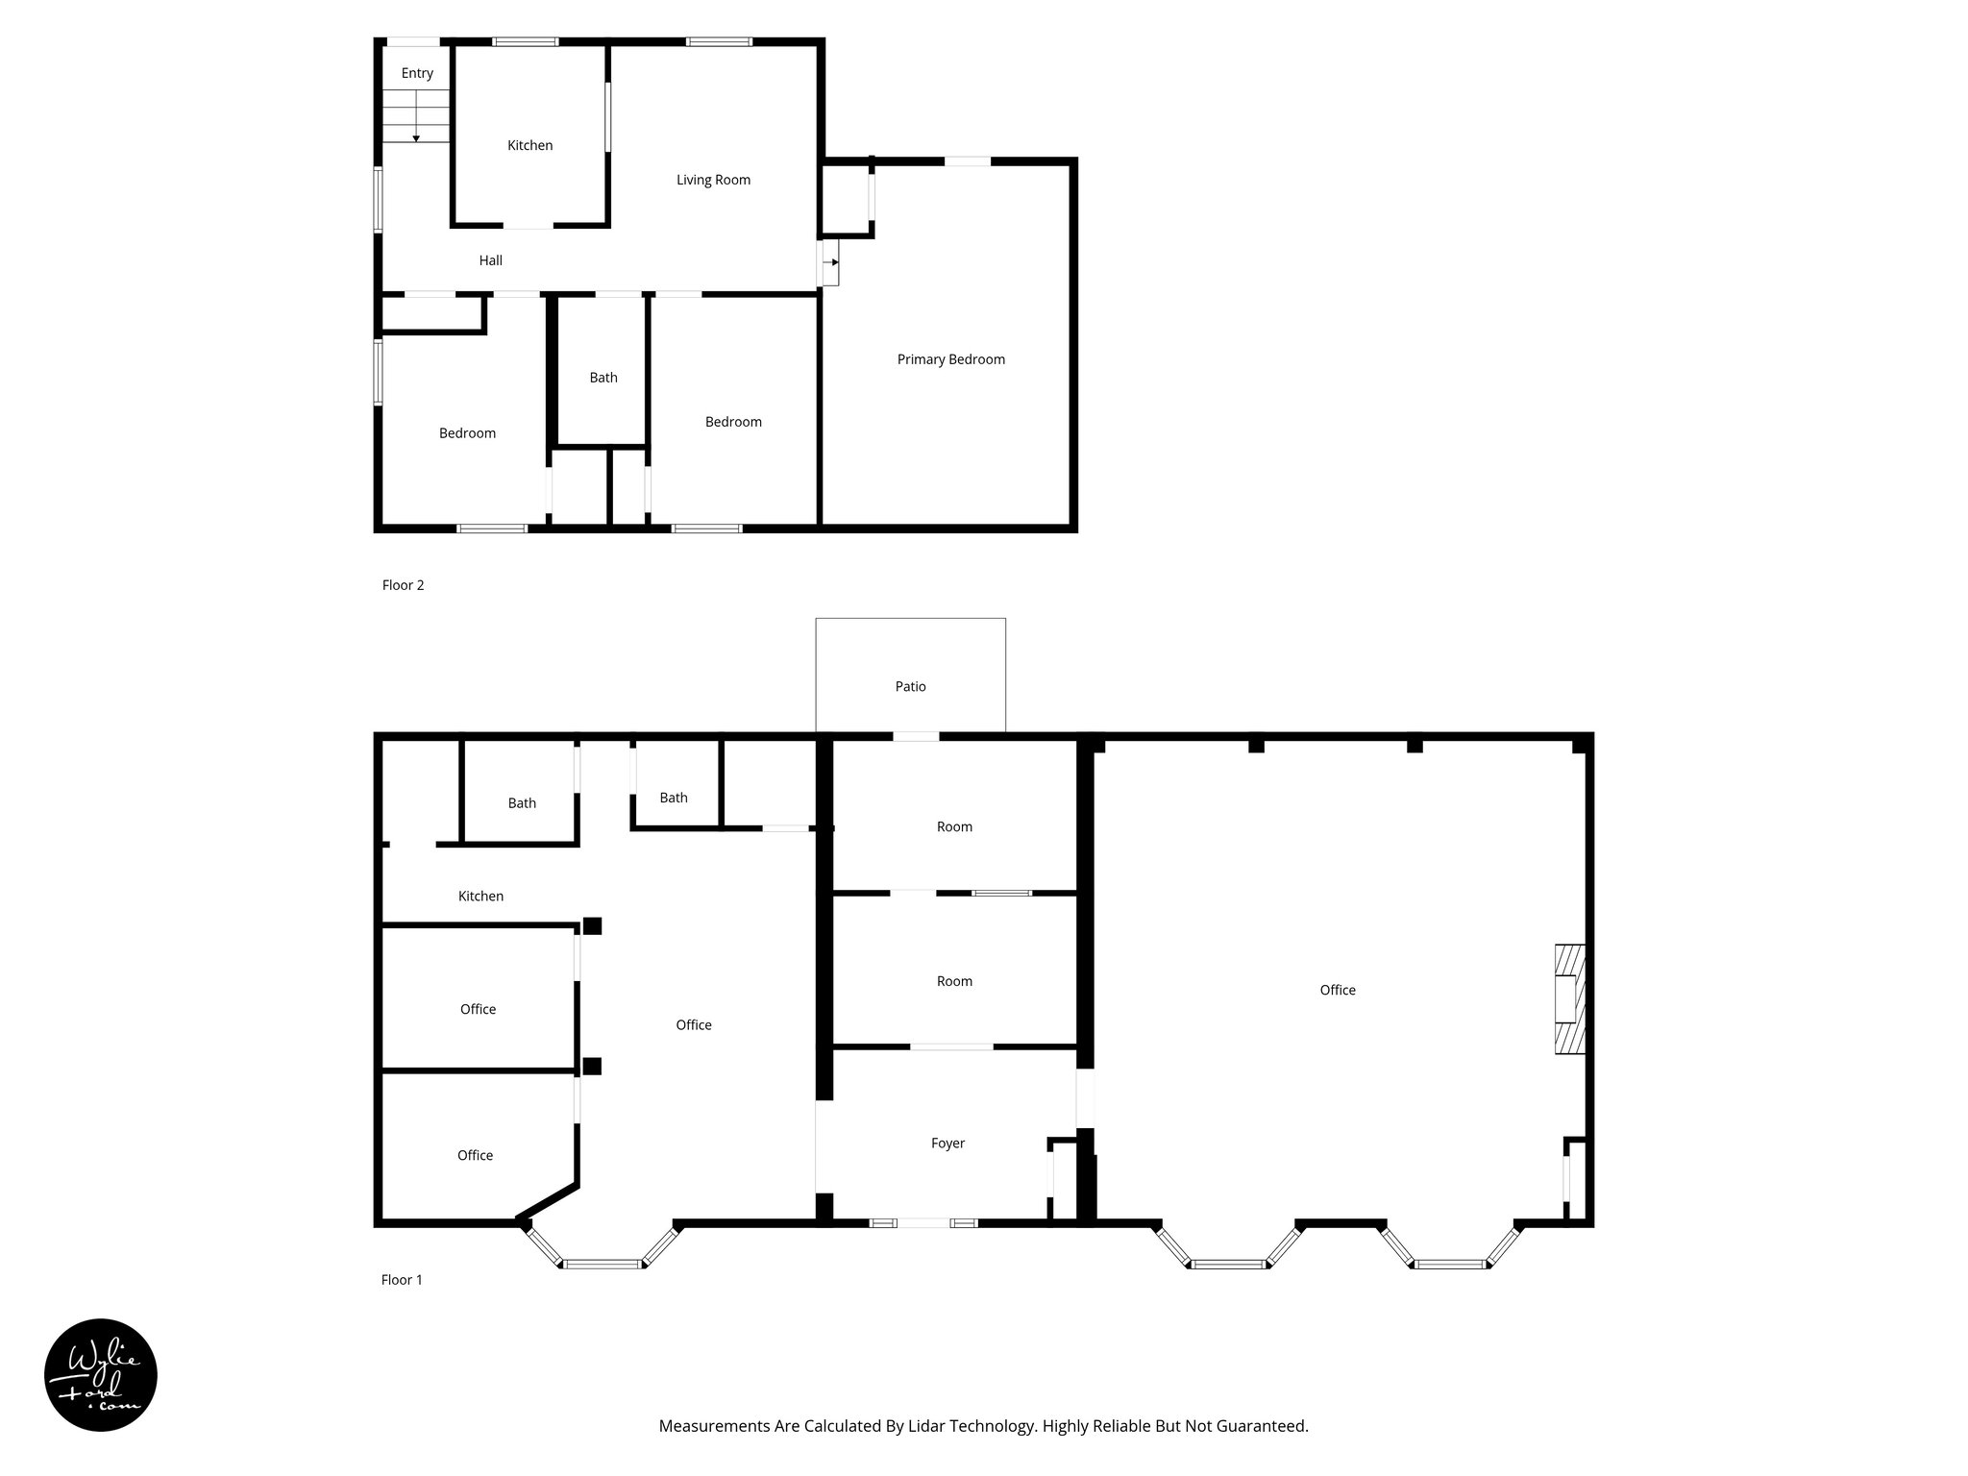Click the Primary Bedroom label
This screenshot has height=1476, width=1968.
(950, 359)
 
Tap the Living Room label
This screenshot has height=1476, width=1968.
(713, 180)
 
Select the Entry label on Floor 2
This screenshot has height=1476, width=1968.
(417, 73)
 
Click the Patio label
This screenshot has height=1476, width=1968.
(910, 686)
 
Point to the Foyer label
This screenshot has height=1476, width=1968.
(947, 1143)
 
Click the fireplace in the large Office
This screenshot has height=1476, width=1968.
(1569, 999)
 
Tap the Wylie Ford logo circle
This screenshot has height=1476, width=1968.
(101, 1375)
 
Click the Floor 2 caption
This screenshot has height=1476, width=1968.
(403, 585)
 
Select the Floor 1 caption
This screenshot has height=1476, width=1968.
(402, 1280)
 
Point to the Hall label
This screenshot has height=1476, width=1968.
(490, 260)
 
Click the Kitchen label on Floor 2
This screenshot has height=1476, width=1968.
(529, 145)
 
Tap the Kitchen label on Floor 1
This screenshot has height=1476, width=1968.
(480, 896)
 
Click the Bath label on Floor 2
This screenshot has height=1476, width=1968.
(603, 378)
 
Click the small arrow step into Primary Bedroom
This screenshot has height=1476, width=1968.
(830, 262)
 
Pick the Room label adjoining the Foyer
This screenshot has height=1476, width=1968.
(954, 981)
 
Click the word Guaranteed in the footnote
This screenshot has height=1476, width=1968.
(1263, 1426)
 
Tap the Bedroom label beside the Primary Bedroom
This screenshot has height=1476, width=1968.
(733, 422)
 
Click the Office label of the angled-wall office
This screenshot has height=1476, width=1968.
(475, 1155)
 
